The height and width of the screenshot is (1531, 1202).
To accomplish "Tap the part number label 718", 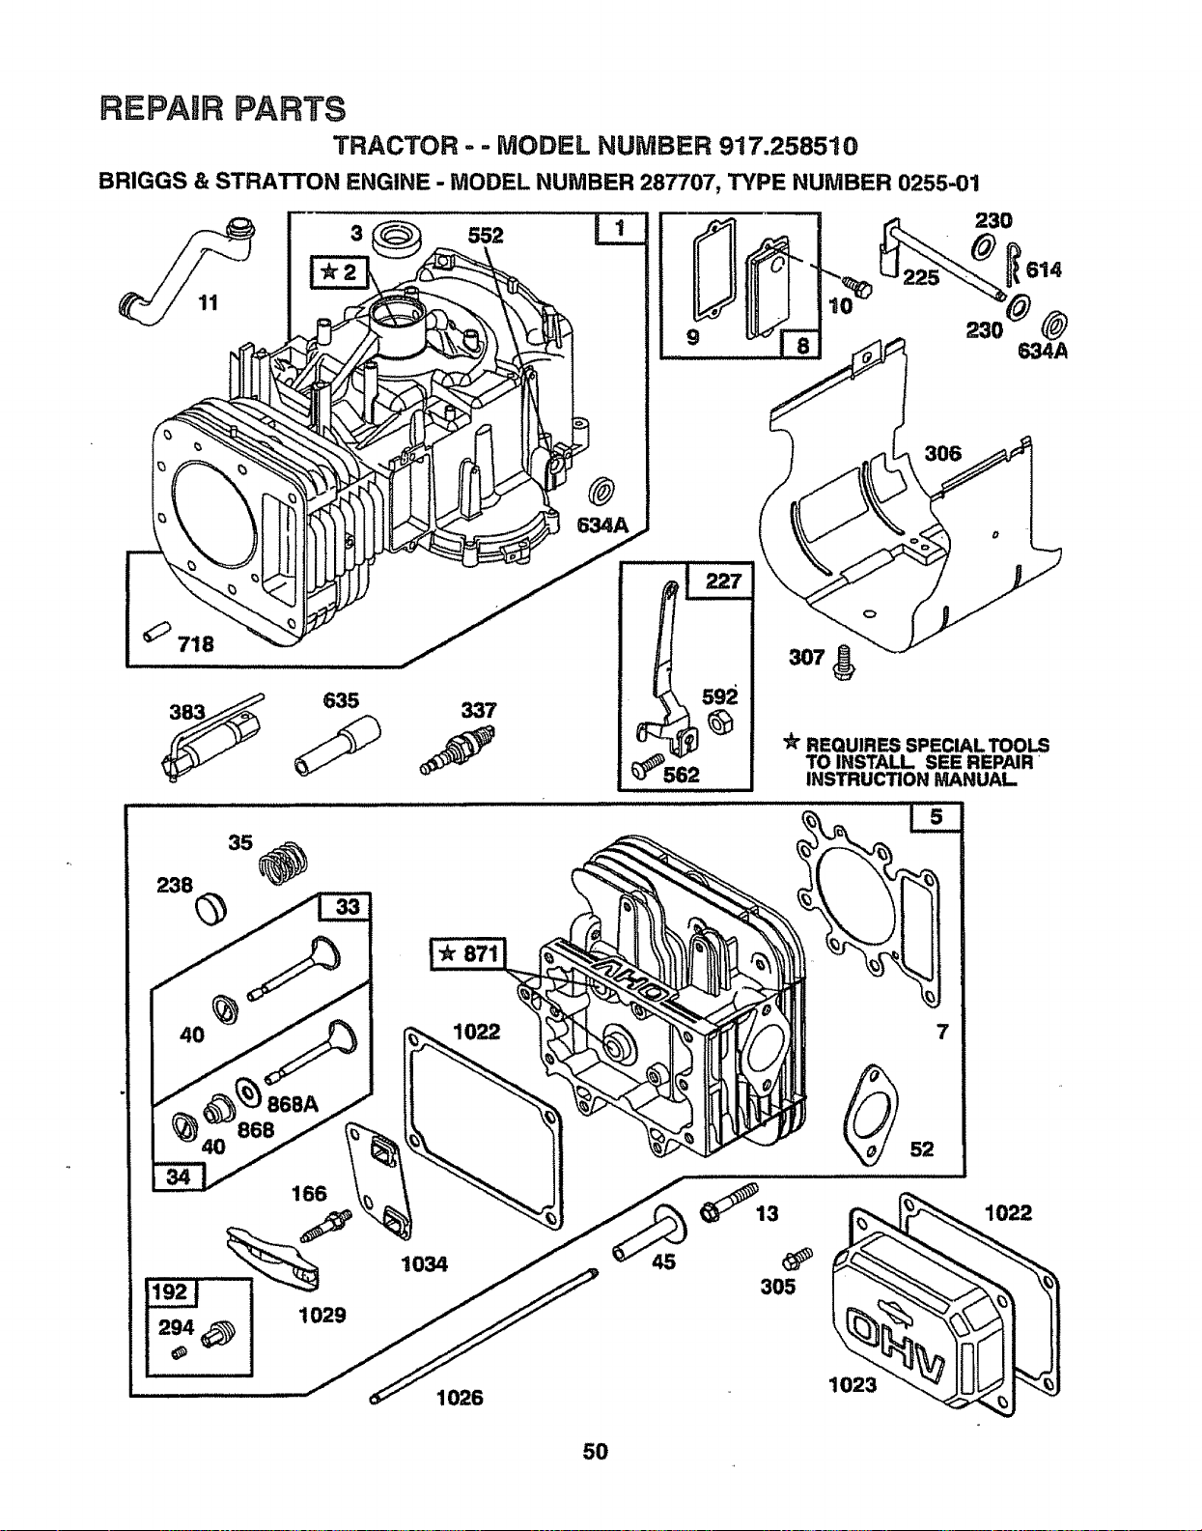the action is [x=196, y=644].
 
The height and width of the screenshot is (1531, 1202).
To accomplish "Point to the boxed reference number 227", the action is [x=723, y=581].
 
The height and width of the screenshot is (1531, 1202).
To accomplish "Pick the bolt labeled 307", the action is [x=842, y=665].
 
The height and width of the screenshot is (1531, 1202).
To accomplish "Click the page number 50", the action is [x=595, y=1451].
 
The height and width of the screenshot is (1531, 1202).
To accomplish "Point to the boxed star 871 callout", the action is [x=468, y=954].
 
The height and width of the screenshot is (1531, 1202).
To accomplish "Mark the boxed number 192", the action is [x=170, y=1291].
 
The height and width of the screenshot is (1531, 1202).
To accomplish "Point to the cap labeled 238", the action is [x=210, y=910].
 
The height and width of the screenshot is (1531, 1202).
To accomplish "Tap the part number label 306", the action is [x=943, y=453].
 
